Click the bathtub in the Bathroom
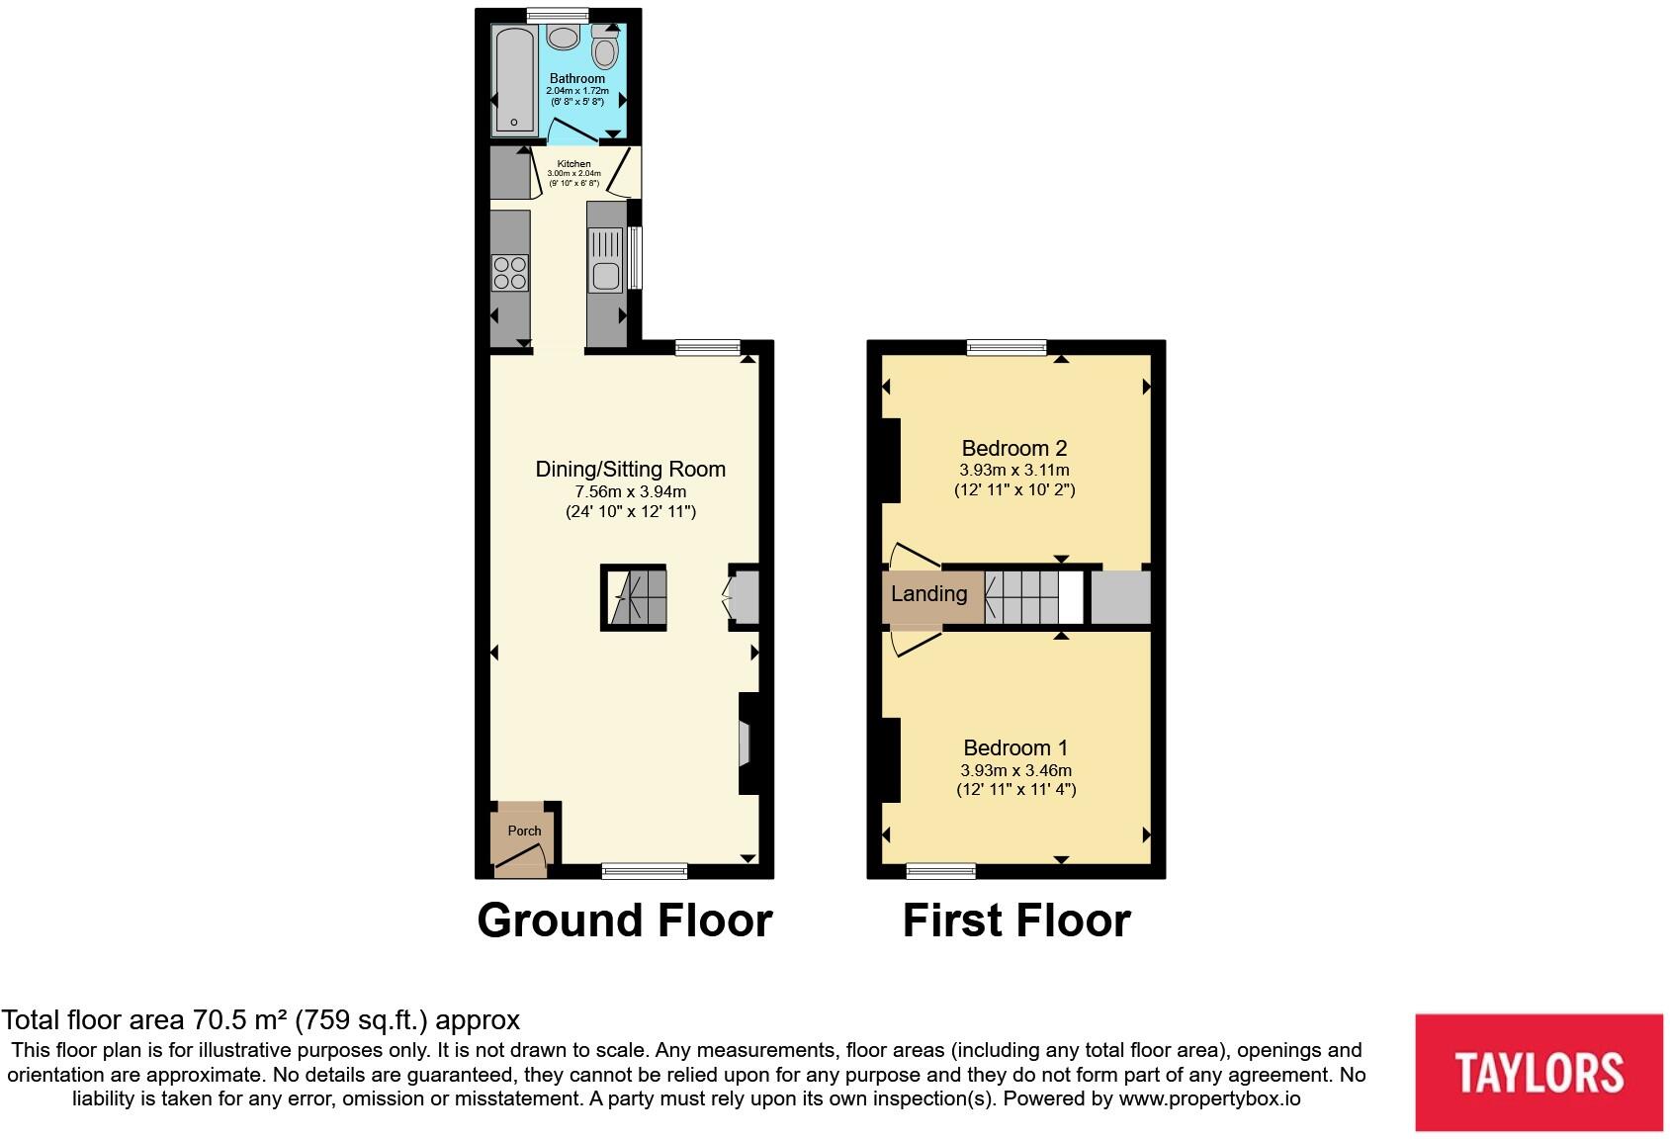tap(515, 79)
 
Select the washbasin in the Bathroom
tap(564, 37)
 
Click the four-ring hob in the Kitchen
tap(510, 273)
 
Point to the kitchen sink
tap(605, 261)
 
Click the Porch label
tap(524, 831)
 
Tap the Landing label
tap(928, 594)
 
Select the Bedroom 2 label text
tap(1014, 448)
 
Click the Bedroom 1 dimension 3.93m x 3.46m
tap(1015, 770)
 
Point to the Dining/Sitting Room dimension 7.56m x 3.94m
tap(630, 491)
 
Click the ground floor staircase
tap(634, 598)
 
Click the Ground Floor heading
tap(624, 921)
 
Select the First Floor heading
tap(1015, 921)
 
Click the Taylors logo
tap(1538, 1072)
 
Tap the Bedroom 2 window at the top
tap(1007, 347)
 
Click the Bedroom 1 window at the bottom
tap(941, 871)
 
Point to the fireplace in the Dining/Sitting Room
tap(747, 743)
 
